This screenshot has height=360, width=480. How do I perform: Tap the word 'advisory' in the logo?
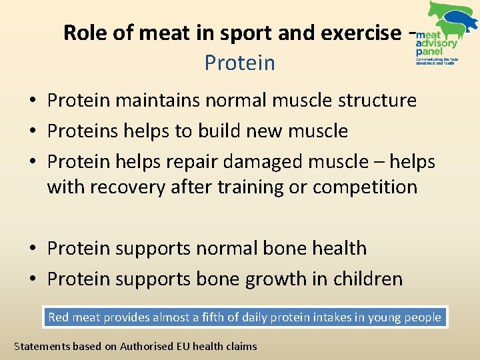pos(437,43)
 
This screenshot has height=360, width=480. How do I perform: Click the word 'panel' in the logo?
pos(428,51)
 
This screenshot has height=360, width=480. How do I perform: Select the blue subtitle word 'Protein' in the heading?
pos(239,63)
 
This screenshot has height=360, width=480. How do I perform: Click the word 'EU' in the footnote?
pos(177,346)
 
